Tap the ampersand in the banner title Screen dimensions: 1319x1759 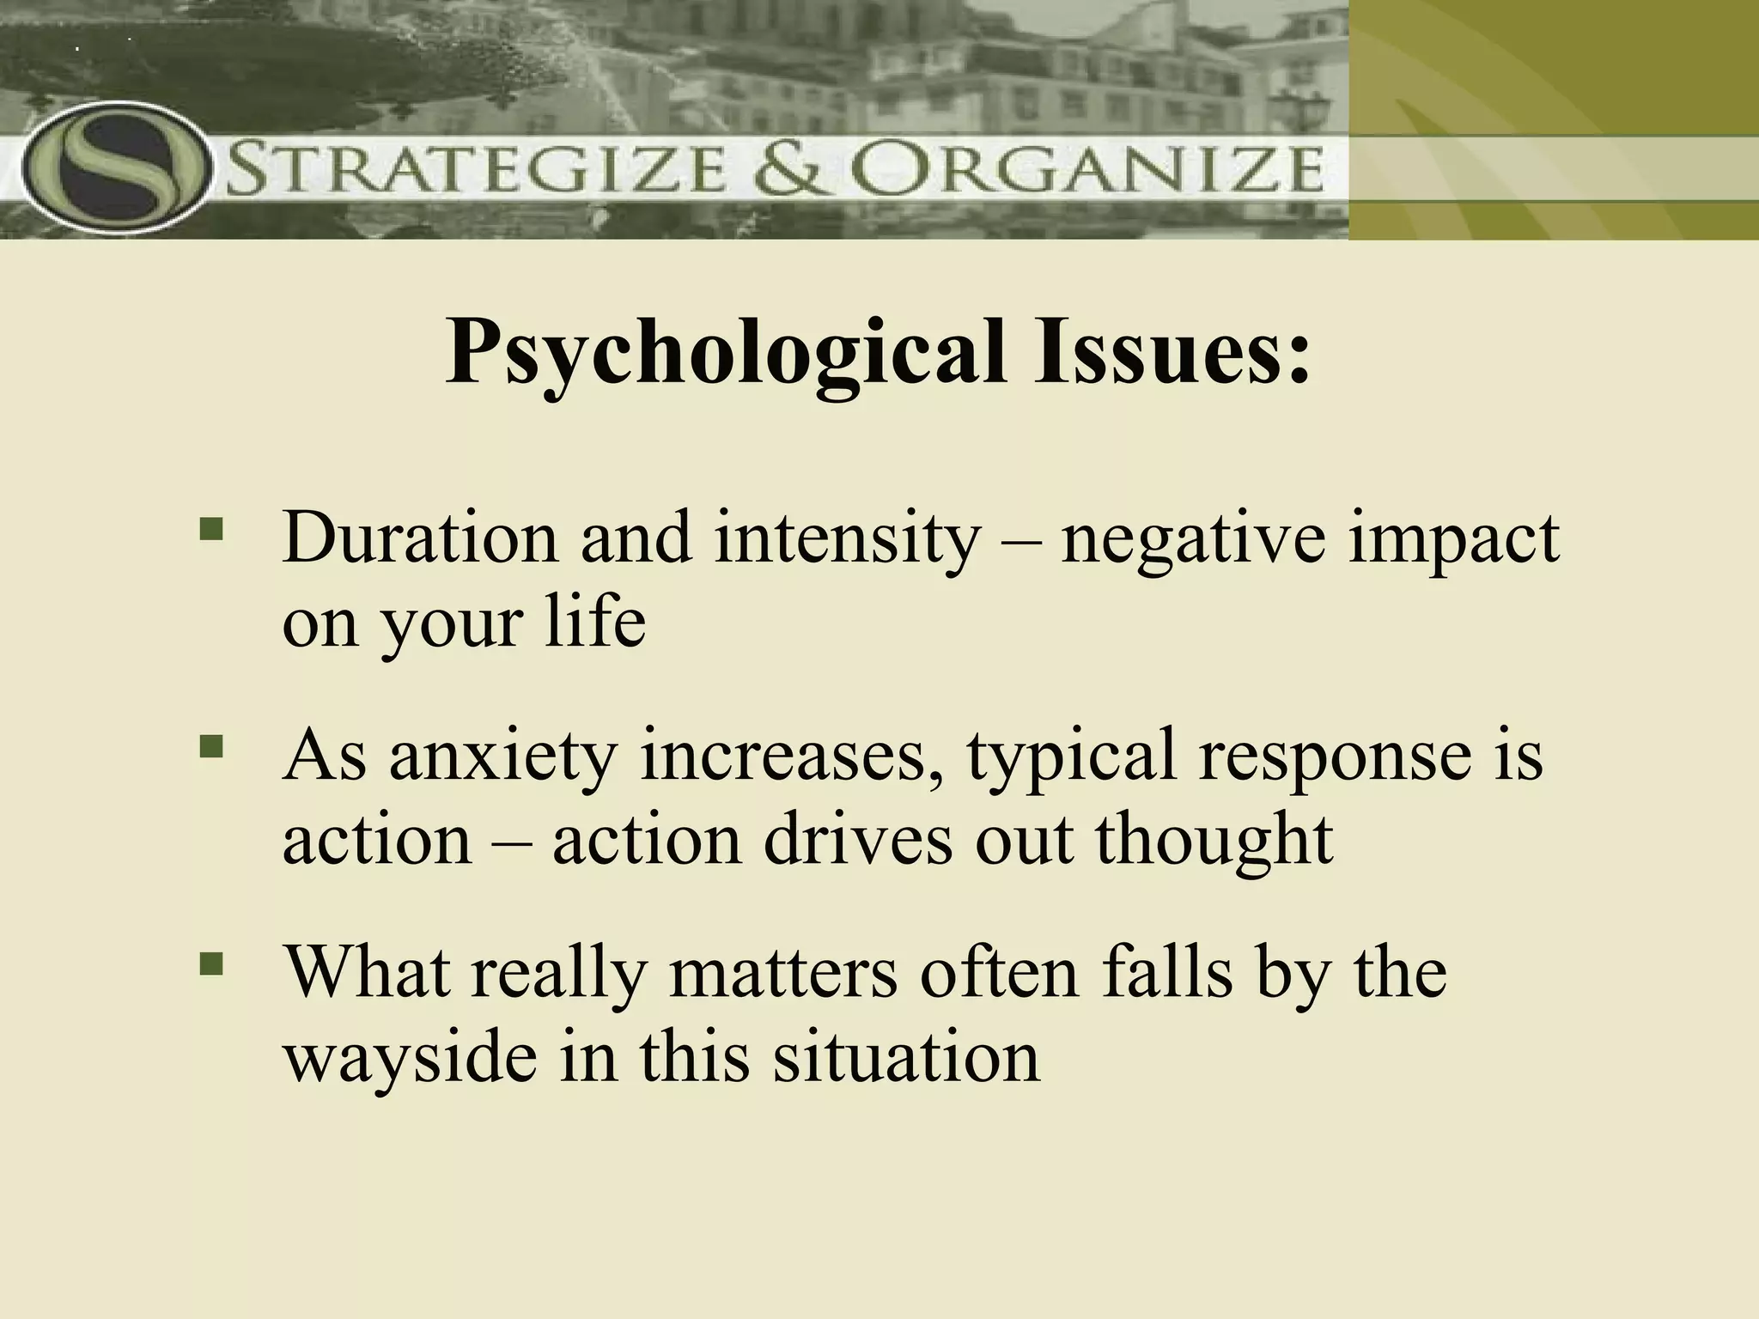coord(794,170)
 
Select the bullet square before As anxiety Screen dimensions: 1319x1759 coord(210,745)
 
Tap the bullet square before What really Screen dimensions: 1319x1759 coord(210,962)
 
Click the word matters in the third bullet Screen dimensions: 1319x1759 coord(782,974)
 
